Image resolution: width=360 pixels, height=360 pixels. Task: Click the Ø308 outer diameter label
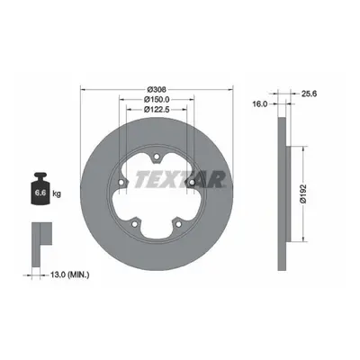(157, 89)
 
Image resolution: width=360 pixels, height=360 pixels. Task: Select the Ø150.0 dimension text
(157, 99)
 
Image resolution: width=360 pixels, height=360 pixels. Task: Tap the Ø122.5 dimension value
(157, 110)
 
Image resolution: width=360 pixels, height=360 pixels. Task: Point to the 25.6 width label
(309, 94)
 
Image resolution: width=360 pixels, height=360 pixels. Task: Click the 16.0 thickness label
(260, 103)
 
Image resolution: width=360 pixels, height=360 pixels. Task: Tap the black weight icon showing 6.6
(40, 189)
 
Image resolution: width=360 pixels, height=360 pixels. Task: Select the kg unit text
(57, 193)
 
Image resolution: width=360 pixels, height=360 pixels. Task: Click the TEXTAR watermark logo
(180, 179)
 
